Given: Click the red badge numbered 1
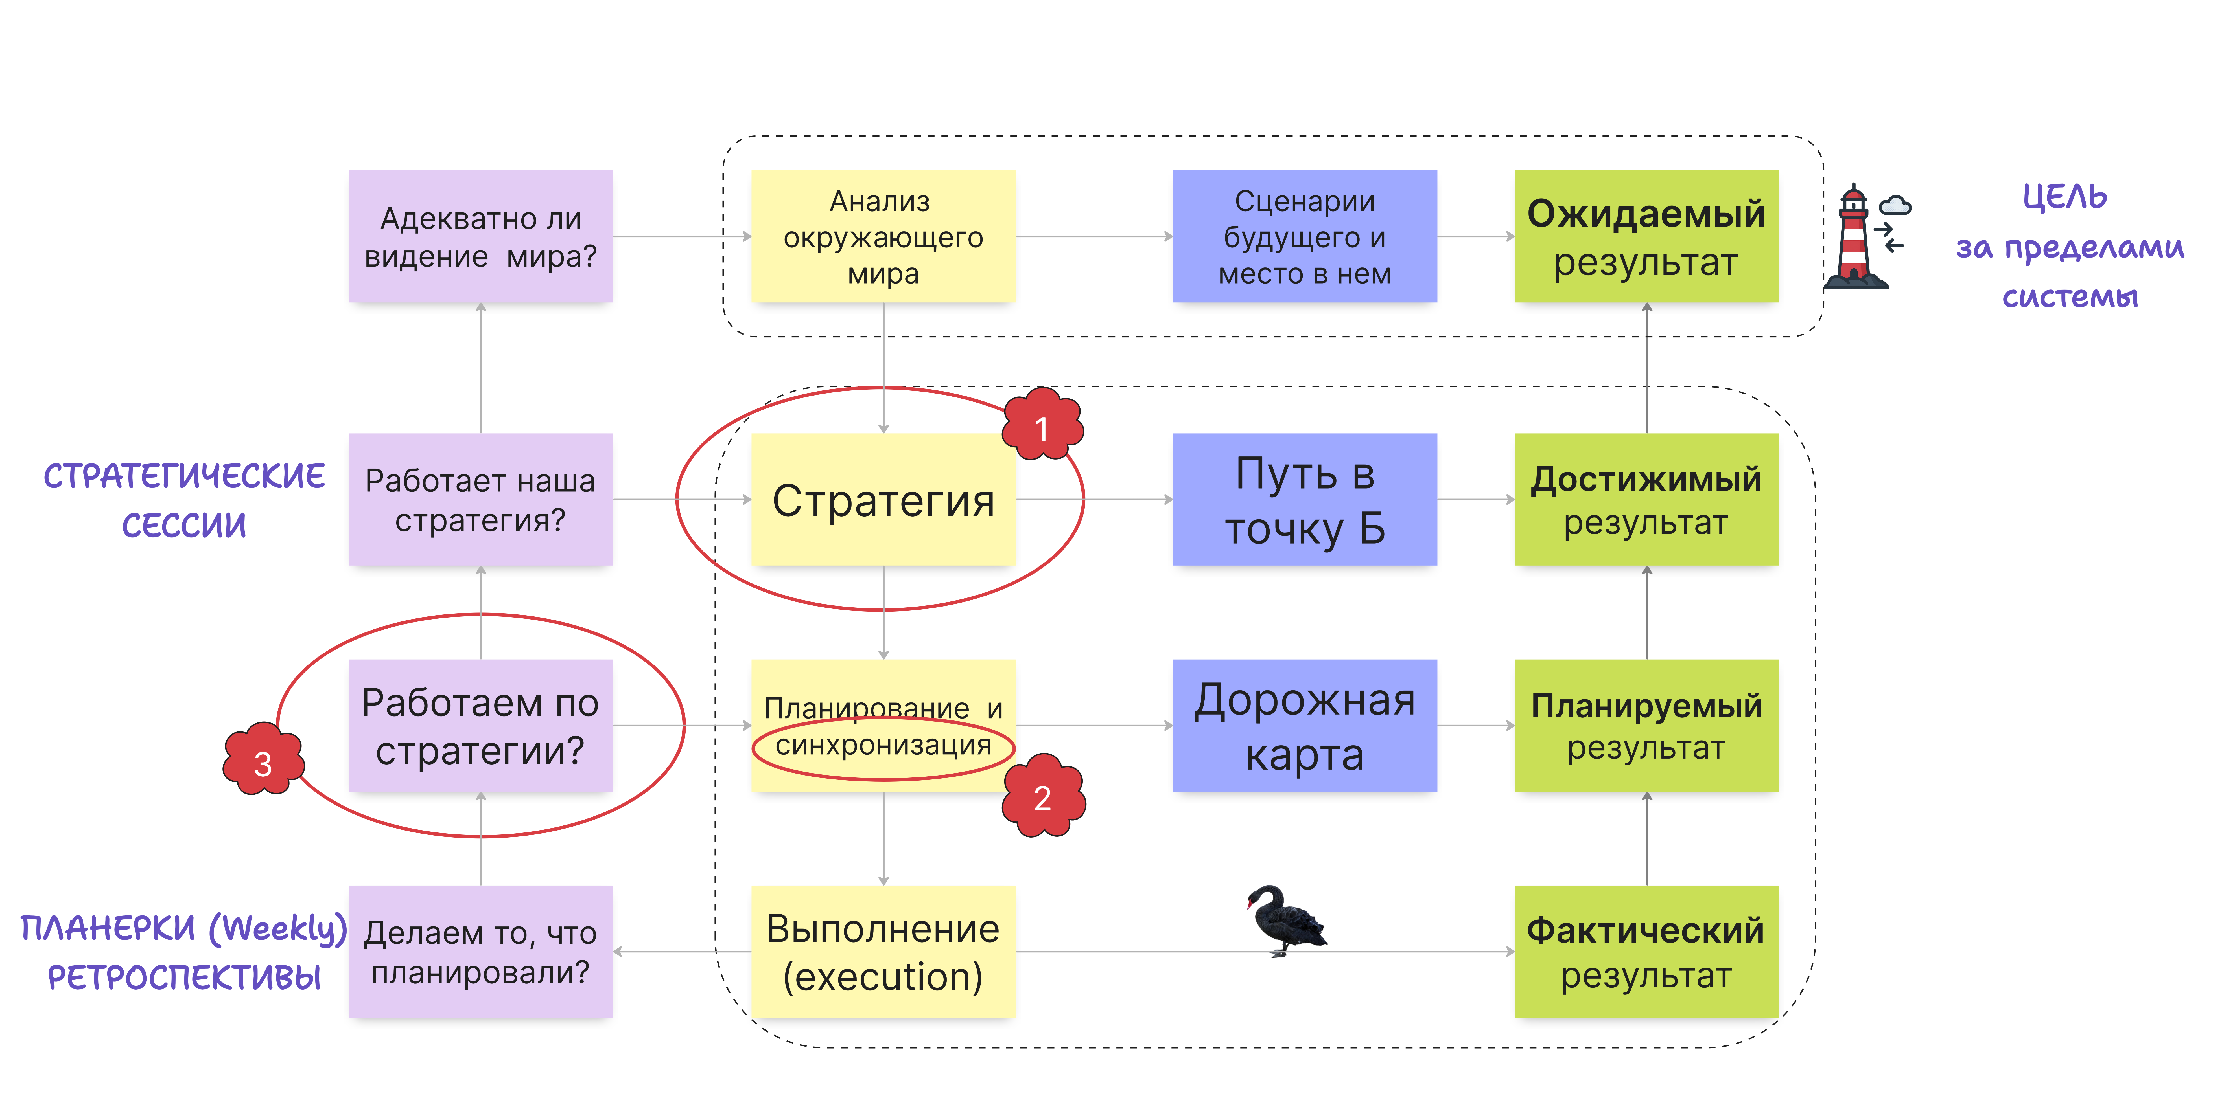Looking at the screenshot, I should click(1042, 426).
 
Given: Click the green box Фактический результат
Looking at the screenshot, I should click(1646, 952).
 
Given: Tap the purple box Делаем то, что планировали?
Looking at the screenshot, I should click(480, 952).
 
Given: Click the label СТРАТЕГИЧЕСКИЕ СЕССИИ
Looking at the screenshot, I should click(184, 500).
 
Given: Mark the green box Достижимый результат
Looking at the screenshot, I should click(1646, 500).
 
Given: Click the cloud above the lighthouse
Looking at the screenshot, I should click(1895, 205).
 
